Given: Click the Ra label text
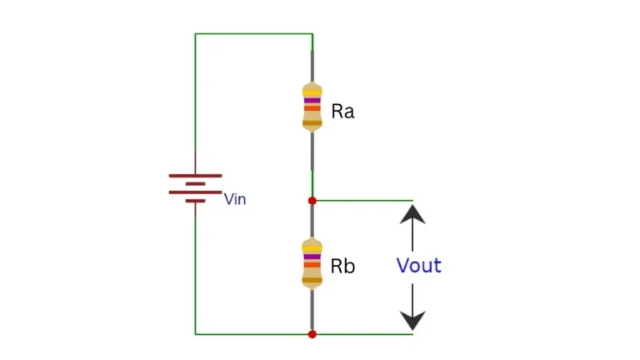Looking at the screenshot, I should tap(342, 112).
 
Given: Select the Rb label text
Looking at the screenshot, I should tap(342, 267).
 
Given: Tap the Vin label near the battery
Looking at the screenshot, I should tap(235, 200).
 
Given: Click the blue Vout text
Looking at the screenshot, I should tap(418, 266).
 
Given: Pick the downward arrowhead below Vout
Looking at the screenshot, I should tap(412, 319).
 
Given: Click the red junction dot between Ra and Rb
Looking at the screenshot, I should tap(312, 201).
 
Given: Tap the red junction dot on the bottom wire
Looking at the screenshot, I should tap(312, 334).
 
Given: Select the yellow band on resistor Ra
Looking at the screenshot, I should tap(312, 92).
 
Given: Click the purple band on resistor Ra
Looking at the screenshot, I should tap(312, 100).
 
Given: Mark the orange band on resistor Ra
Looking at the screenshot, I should tap(312, 108).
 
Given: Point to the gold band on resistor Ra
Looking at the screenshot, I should tap(312, 123).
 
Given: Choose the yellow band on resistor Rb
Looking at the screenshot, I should tap(312, 248).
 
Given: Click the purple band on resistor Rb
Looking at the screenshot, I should tap(312, 257).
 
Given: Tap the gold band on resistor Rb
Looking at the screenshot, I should tap(312, 279).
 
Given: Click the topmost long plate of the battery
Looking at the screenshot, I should tap(196, 176).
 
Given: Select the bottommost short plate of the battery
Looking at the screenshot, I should tap(196, 200).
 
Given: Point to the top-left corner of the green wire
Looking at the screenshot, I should tap(196, 34).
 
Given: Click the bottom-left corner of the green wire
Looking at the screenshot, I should tap(196, 334).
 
